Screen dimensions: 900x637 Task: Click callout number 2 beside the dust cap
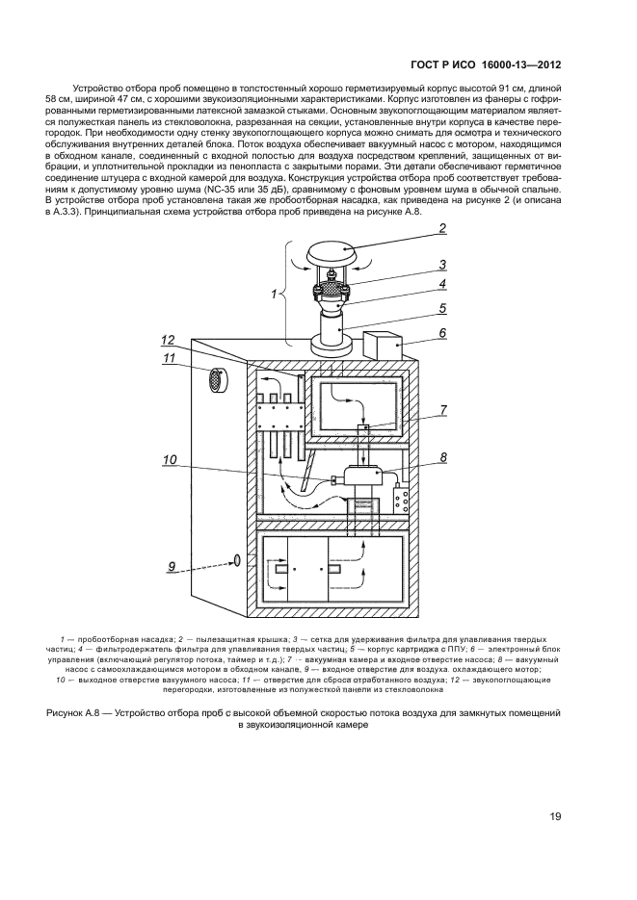(x=442, y=229)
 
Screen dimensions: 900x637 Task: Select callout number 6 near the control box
(x=442, y=332)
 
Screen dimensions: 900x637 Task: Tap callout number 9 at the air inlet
(x=172, y=568)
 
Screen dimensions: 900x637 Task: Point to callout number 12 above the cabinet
(x=168, y=340)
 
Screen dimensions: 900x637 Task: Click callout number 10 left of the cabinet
(x=170, y=461)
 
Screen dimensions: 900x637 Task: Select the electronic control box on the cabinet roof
(x=383, y=346)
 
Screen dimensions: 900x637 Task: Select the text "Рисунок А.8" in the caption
(x=79, y=712)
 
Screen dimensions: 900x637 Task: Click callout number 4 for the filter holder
(x=442, y=284)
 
